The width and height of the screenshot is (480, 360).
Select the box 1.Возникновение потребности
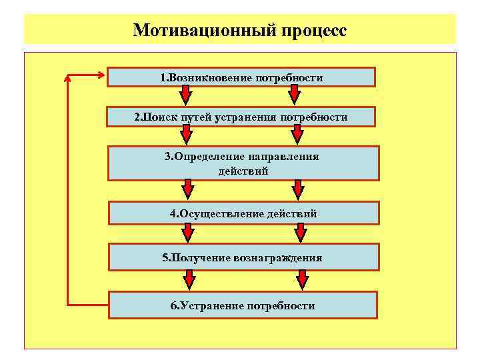point(241,77)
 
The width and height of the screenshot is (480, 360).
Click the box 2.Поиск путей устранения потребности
point(241,117)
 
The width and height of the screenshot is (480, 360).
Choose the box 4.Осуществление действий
point(243,213)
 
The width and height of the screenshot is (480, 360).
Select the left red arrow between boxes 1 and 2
point(185,96)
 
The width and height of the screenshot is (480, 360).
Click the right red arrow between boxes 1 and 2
point(296,96)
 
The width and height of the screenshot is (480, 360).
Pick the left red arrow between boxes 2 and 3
point(187,135)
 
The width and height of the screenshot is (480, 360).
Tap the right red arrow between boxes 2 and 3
point(298,135)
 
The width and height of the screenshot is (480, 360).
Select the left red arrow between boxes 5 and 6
point(189,280)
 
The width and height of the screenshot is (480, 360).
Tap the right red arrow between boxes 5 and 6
point(301,280)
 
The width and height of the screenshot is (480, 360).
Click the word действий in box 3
point(243,171)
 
